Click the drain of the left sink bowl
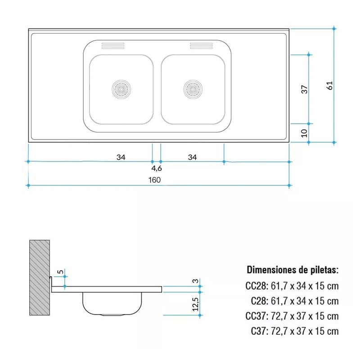point(121,89)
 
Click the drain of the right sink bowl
point(193,89)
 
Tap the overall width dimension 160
point(154,180)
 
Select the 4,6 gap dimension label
point(157,168)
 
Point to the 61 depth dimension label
point(329,85)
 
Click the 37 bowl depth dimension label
point(304,89)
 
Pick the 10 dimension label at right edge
point(304,133)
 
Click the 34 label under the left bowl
point(121,157)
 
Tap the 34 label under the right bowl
point(193,157)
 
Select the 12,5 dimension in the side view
point(195,304)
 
